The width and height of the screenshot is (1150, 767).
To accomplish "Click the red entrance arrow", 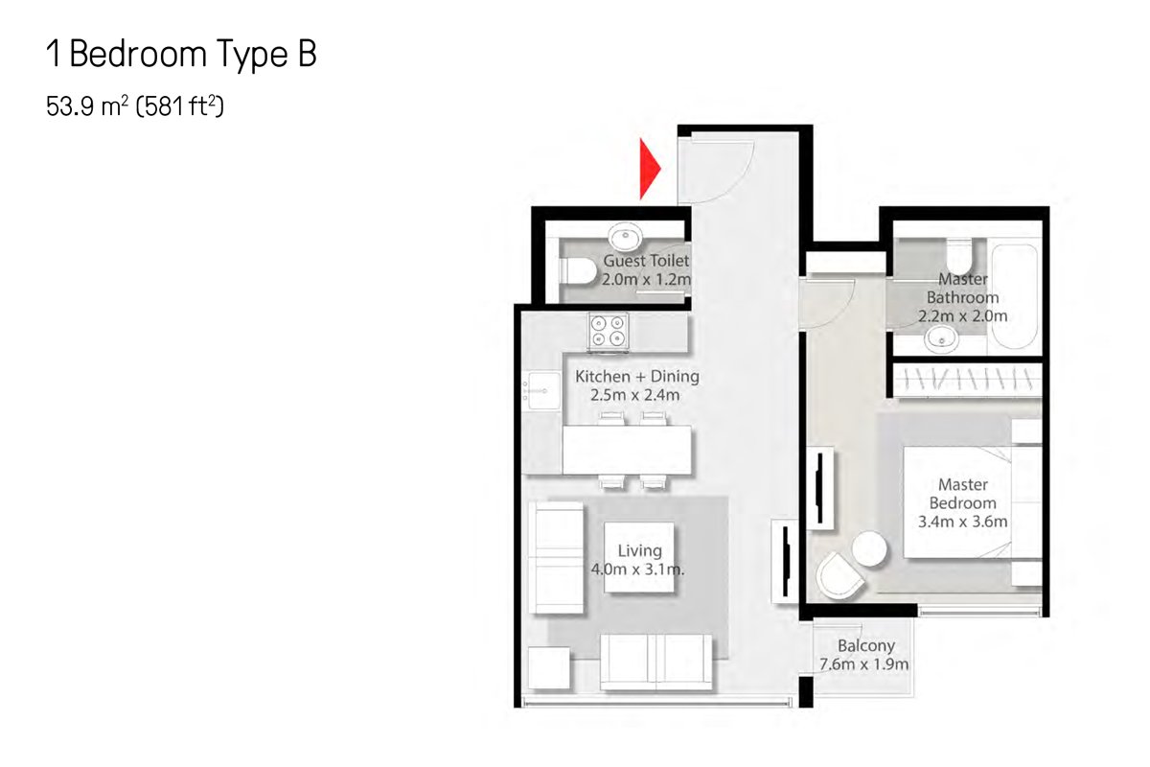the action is pyautogui.click(x=649, y=169).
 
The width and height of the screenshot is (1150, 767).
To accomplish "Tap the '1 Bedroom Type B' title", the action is pyautogui.click(x=181, y=54).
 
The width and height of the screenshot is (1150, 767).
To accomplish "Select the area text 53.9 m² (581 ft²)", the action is pyautogui.click(x=135, y=106).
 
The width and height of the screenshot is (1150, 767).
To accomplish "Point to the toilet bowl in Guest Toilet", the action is pyautogui.click(x=578, y=270).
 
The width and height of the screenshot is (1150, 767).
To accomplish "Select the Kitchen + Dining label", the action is pyautogui.click(x=636, y=377).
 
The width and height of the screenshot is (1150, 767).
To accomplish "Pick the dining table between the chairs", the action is pyautogui.click(x=627, y=450).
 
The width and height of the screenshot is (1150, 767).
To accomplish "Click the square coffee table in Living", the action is pyautogui.click(x=638, y=557).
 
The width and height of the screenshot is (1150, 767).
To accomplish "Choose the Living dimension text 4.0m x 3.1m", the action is pyautogui.click(x=637, y=569).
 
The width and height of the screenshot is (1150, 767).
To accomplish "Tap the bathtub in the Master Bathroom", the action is pyautogui.click(x=1015, y=296).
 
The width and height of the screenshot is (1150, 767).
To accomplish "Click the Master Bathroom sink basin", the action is pyautogui.click(x=941, y=339).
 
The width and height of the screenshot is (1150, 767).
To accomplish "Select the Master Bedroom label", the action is pyautogui.click(x=962, y=494).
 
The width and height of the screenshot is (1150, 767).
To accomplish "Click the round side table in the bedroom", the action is pyautogui.click(x=868, y=548).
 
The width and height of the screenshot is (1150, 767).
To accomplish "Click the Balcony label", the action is pyautogui.click(x=866, y=645).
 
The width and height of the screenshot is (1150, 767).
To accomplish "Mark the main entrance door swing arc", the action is pyautogui.click(x=740, y=180).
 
